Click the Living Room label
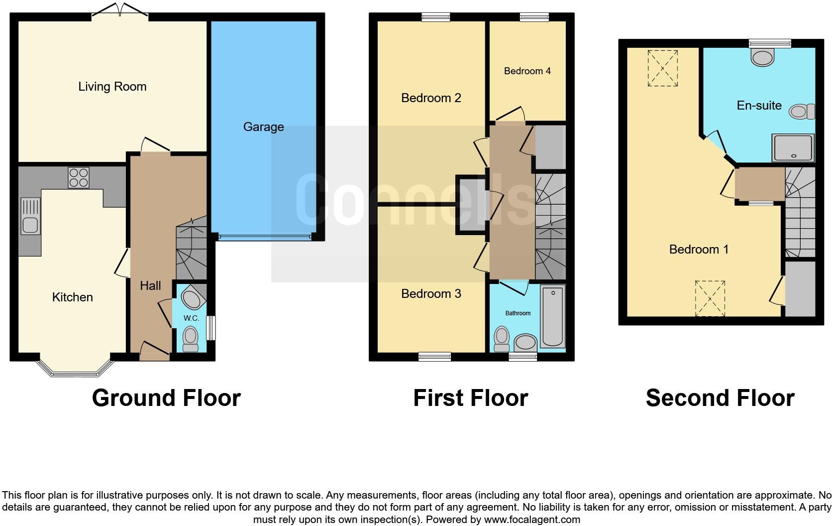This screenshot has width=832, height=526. [112, 87]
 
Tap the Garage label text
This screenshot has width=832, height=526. [263, 127]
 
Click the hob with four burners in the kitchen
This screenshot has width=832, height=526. [79, 177]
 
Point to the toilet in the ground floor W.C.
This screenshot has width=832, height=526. [190, 339]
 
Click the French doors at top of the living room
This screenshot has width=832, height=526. [120, 12]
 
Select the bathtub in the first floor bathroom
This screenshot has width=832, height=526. [552, 316]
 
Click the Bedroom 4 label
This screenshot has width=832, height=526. [527, 71]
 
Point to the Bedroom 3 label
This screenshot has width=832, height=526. [431, 294]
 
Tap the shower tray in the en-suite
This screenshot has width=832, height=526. [793, 148]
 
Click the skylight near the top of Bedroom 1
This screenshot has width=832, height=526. [662, 68]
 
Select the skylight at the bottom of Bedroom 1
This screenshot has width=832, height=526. [710, 298]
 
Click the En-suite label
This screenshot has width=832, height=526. [759, 106]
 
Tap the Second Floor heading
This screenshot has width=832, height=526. [720, 398]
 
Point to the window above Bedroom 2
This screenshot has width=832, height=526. [436, 17]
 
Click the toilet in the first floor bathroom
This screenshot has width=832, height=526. [502, 339]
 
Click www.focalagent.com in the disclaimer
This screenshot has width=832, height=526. [531, 520]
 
